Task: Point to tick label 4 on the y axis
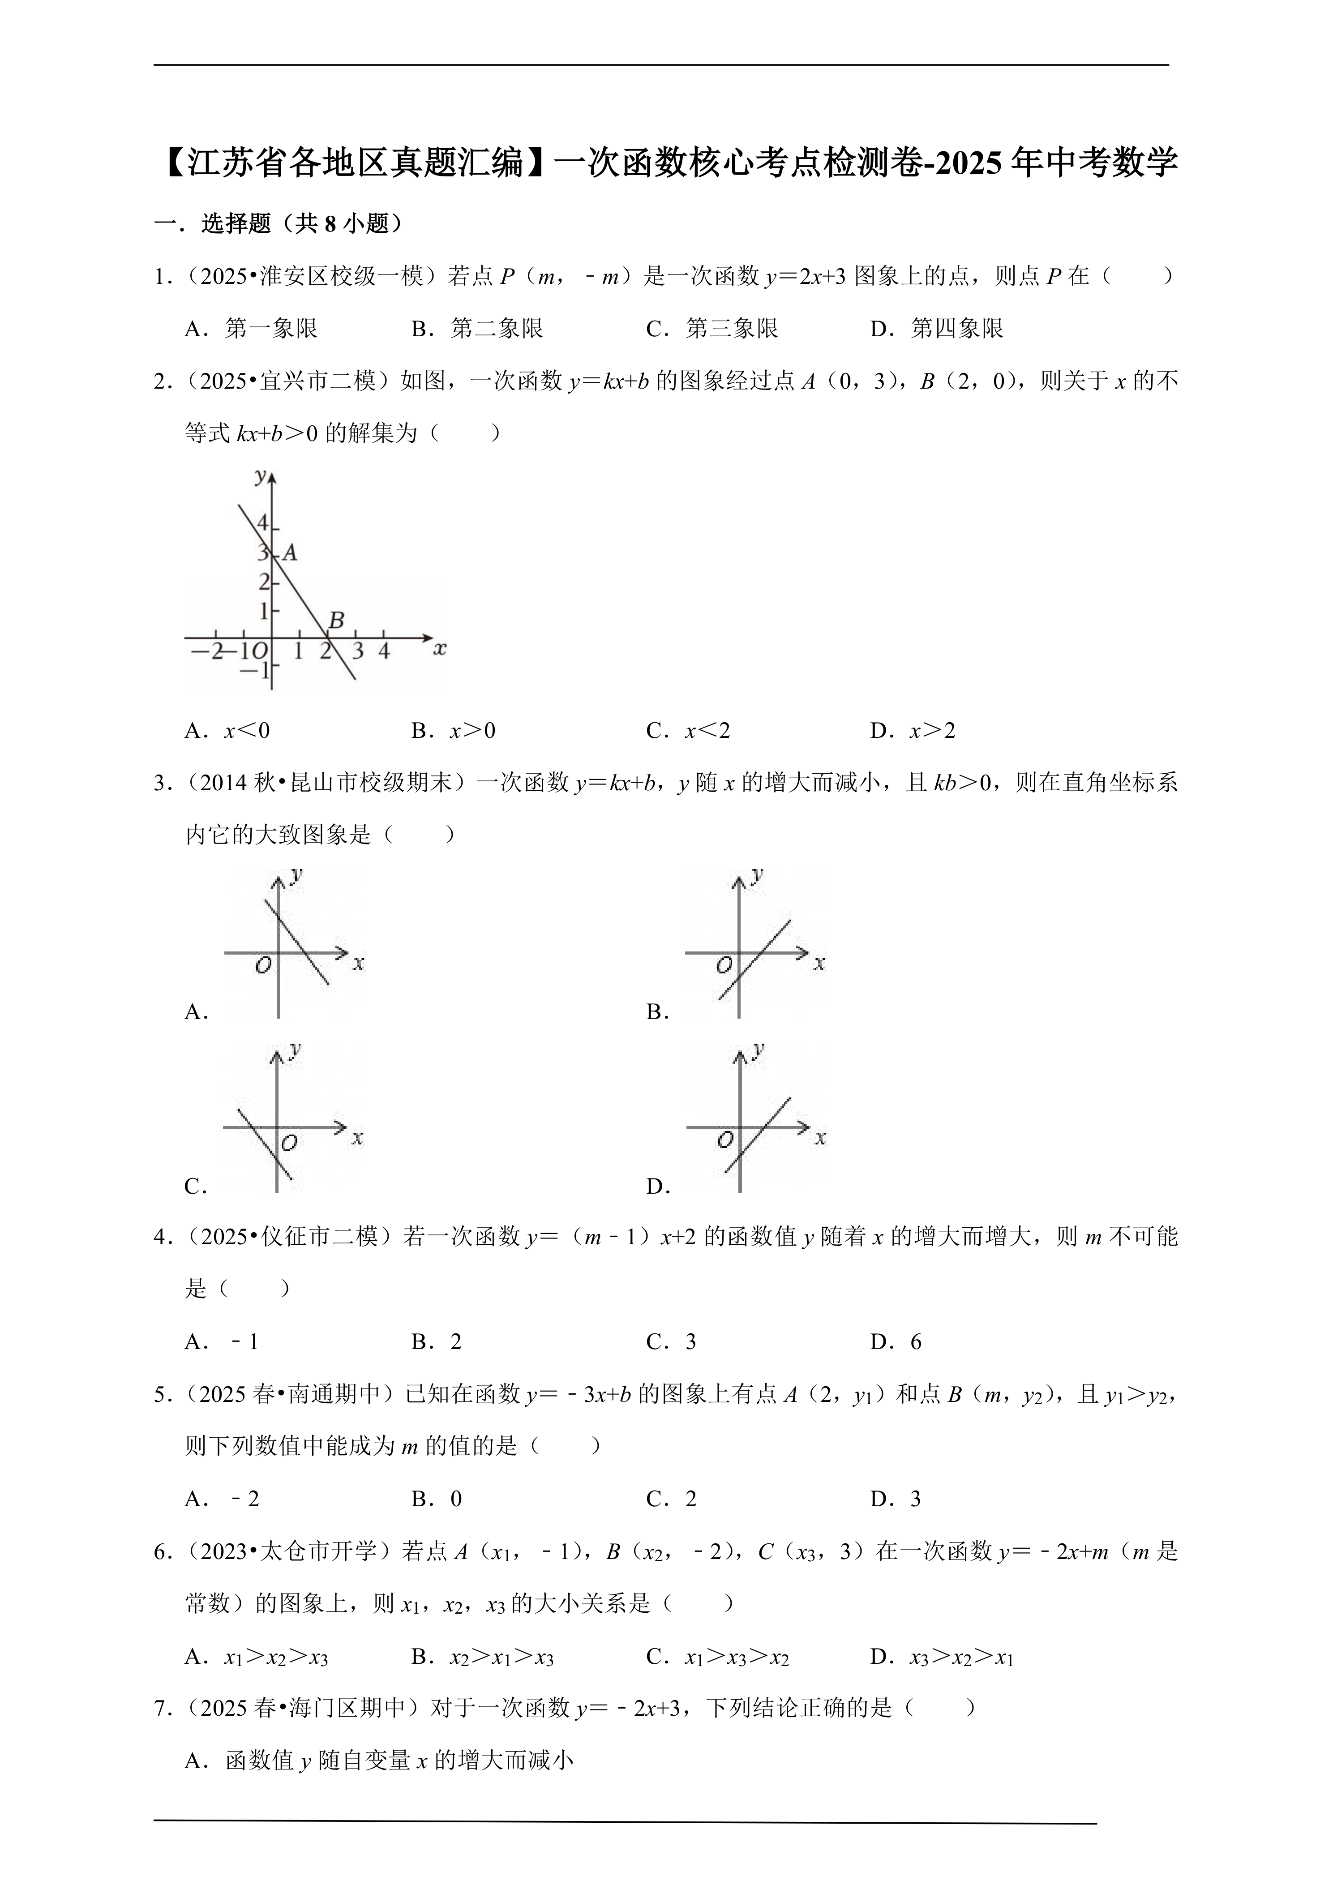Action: pyautogui.click(x=263, y=523)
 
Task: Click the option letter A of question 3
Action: pyautogui.click(x=195, y=1012)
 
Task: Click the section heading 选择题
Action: pyautogui.click(x=236, y=223)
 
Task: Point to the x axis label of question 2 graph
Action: pyautogui.click(x=440, y=649)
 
